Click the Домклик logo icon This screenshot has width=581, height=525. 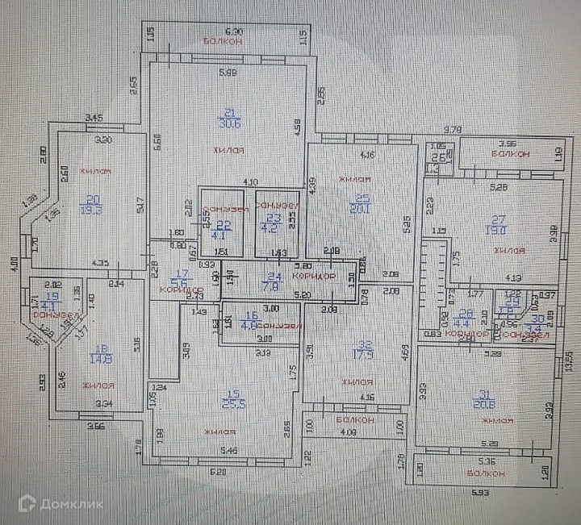27,504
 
